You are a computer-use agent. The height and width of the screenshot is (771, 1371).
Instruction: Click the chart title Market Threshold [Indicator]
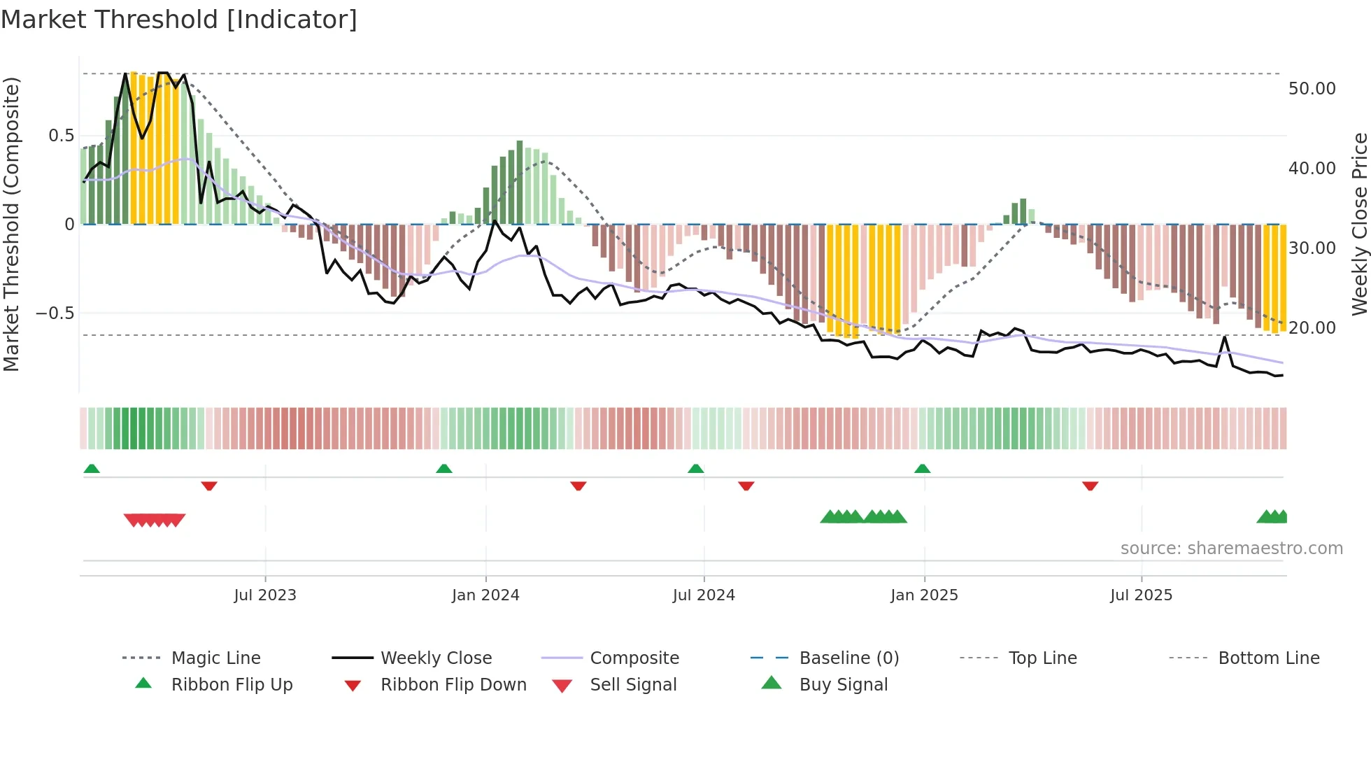pyautogui.click(x=179, y=20)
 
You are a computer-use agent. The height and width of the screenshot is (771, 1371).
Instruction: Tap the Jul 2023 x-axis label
pyautogui.click(x=265, y=595)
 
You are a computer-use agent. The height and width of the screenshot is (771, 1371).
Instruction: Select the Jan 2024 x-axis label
pyautogui.click(x=485, y=595)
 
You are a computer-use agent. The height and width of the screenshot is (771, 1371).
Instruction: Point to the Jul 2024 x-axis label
pyautogui.click(x=704, y=595)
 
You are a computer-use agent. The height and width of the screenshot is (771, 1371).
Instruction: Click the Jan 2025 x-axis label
pyautogui.click(x=924, y=595)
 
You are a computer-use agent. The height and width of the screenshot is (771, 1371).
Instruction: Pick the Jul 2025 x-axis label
pyautogui.click(x=1141, y=595)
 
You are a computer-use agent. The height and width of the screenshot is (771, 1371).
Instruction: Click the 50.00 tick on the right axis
pyautogui.click(x=1312, y=89)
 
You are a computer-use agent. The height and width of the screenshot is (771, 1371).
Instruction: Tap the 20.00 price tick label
pyautogui.click(x=1312, y=327)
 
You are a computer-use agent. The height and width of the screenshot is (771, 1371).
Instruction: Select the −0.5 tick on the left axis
pyautogui.click(x=55, y=313)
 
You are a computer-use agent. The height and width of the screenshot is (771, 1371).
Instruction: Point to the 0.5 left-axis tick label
pyautogui.click(x=61, y=136)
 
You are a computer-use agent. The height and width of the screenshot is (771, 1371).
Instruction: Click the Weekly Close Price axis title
pyautogui.click(x=1358, y=224)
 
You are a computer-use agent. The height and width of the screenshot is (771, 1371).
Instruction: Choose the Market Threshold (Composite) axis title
pyautogui.click(x=11, y=224)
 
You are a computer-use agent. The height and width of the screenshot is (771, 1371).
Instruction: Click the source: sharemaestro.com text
pyautogui.click(x=1231, y=549)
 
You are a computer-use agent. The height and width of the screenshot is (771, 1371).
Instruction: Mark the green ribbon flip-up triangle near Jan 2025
pyautogui.click(x=922, y=469)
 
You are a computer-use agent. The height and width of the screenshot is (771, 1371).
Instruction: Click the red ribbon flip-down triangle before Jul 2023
pyautogui.click(x=209, y=486)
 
